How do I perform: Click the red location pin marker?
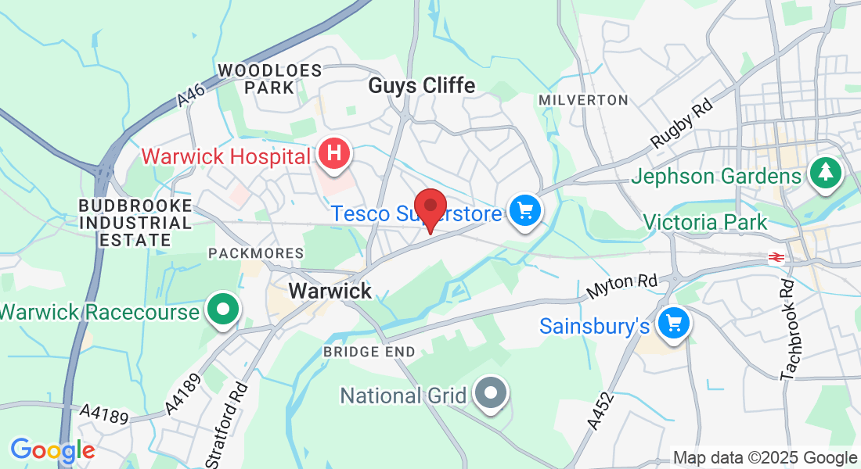pyautogui.click(x=430, y=208)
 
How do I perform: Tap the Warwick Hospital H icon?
pyautogui.click(x=333, y=153)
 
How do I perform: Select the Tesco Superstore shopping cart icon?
pyautogui.click(x=524, y=210)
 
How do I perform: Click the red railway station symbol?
pyautogui.click(x=776, y=257)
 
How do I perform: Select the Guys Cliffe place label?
pyautogui.click(x=422, y=85)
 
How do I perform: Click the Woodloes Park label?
pyautogui.click(x=270, y=79)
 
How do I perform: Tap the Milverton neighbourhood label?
pyautogui.click(x=584, y=100)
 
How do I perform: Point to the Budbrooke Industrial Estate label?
pyautogui.click(x=135, y=223)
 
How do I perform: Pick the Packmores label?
pyautogui.click(x=255, y=253)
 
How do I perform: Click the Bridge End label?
pyautogui.click(x=369, y=353)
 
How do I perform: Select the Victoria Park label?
pyautogui.click(x=705, y=223)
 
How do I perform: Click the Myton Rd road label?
pyautogui.click(x=623, y=287)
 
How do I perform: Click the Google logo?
pyautogui.click(x=52, y=450)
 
